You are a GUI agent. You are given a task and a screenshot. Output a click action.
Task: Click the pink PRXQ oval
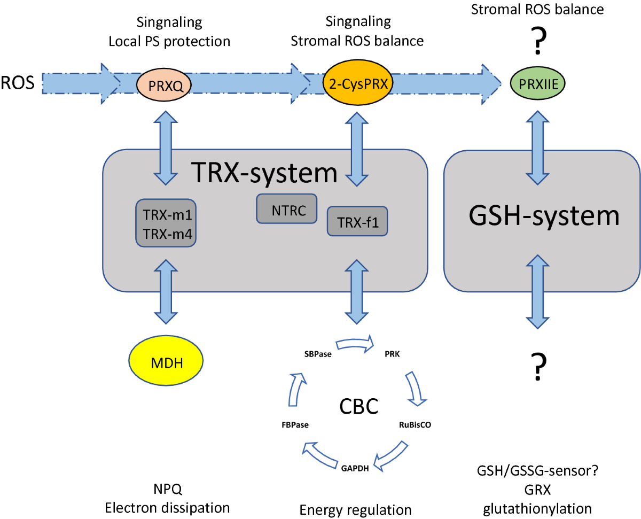pos(163,83)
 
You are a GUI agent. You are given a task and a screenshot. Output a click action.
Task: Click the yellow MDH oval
pos(166,364)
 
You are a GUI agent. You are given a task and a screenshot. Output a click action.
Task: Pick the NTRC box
pos(287,208)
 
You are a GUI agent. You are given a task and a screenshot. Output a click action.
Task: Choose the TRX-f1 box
pos(357,221)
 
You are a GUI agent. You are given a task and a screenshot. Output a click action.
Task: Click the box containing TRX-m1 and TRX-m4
pos(166,223)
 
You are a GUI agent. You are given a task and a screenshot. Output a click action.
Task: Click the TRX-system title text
pos(264,174)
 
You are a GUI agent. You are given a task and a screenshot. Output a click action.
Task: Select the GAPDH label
pos(355,470)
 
